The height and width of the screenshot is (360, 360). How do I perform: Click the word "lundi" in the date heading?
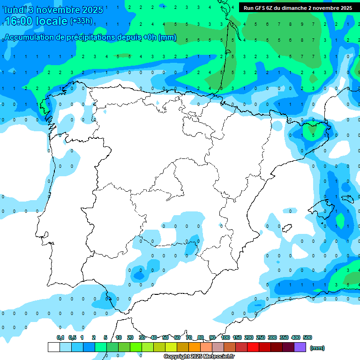tap(15, 10)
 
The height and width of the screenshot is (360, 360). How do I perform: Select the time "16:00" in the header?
tap(19, 21)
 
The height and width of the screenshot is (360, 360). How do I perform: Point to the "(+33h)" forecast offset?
tap(82, 21)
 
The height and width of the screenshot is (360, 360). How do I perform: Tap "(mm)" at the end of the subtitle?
tap(167, 37)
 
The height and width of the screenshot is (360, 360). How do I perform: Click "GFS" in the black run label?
tap(261, 8)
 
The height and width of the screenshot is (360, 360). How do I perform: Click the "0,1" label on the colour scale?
tap(60, 337)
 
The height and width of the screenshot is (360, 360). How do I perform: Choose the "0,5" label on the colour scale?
tap(72, 337)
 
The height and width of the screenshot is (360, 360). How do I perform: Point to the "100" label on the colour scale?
tap(225, 337)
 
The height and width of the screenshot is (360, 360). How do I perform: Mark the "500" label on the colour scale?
tap(307, 337)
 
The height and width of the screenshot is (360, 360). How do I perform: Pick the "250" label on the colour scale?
tap(261, 337)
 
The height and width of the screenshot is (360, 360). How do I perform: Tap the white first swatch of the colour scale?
tap(54, 347)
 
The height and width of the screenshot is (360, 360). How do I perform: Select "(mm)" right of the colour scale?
tap(317, 348)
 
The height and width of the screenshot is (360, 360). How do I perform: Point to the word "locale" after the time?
tap(52, 21)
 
